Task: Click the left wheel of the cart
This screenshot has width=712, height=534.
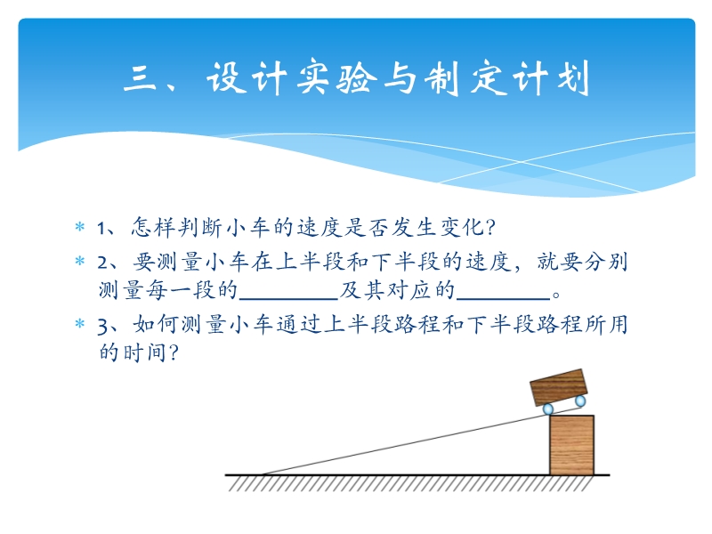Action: (548, 409)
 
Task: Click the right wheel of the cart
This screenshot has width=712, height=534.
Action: (580, 401)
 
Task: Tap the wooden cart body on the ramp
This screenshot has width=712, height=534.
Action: (559, 387)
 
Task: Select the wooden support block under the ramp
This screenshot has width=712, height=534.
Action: (571, 445)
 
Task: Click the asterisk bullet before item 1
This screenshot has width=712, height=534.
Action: (80, 227)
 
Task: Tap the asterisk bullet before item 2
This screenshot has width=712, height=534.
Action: (80, 261)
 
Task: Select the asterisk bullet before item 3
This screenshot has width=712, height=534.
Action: (80, 324)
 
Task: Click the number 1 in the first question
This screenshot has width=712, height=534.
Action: (101, 228)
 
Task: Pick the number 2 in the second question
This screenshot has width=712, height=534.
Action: (102, 263)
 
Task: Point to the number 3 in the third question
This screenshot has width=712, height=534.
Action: (102, 327)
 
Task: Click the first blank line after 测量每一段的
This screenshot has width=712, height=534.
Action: (288, 299)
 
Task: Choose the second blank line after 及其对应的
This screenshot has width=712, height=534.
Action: (503, 299)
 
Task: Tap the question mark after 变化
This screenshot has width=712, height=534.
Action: (489, 227)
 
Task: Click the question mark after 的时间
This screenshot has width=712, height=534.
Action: (174, 352)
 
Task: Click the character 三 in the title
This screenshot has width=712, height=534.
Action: (141, 78)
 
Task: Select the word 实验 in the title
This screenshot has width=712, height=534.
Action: (337, 78)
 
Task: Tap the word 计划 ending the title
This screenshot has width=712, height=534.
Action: (551, 78)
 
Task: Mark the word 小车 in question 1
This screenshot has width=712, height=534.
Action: (248, 227)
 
